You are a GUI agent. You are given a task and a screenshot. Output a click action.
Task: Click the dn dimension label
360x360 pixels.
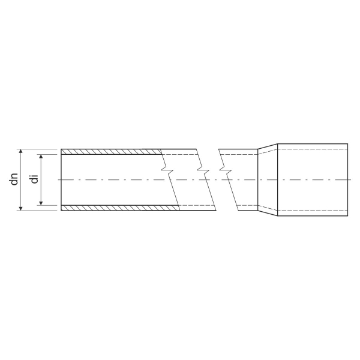14,179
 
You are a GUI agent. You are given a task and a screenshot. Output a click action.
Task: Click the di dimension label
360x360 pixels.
34,179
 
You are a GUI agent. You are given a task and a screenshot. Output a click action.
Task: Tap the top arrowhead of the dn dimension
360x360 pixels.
20,151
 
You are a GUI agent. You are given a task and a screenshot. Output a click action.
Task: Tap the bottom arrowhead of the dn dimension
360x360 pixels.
20,208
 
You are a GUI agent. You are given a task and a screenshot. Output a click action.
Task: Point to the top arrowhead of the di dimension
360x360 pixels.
41,157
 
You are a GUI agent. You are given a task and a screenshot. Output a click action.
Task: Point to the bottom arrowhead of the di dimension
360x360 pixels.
41,203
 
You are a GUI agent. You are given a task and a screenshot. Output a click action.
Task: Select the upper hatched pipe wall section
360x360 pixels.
112,152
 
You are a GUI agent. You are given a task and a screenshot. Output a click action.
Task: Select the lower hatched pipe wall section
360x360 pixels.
121,208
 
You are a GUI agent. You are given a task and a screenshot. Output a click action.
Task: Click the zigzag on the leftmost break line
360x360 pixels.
167,170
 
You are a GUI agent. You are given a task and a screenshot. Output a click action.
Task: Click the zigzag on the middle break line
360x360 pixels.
203,170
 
